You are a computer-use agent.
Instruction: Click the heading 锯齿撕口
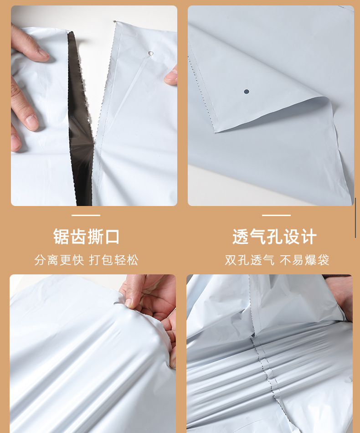[86, 237]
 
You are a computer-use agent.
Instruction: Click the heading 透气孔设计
[274, 237]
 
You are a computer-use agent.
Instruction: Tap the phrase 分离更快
[59, 260]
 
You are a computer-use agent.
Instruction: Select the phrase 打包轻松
[113, 260]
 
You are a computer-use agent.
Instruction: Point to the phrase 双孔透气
[250, 260]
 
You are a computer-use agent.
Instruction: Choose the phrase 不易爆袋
[304, 260]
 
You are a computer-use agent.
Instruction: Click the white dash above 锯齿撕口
[86, 215]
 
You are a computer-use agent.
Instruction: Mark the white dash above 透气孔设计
[276, 215]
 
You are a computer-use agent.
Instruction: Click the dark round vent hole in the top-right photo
[247, 92]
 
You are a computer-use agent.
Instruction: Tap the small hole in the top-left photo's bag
[151, 55]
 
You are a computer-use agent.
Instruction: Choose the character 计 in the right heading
[308, 237]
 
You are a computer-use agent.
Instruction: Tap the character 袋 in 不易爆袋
[323, 260]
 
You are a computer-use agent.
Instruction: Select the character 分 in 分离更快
[40, 260]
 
